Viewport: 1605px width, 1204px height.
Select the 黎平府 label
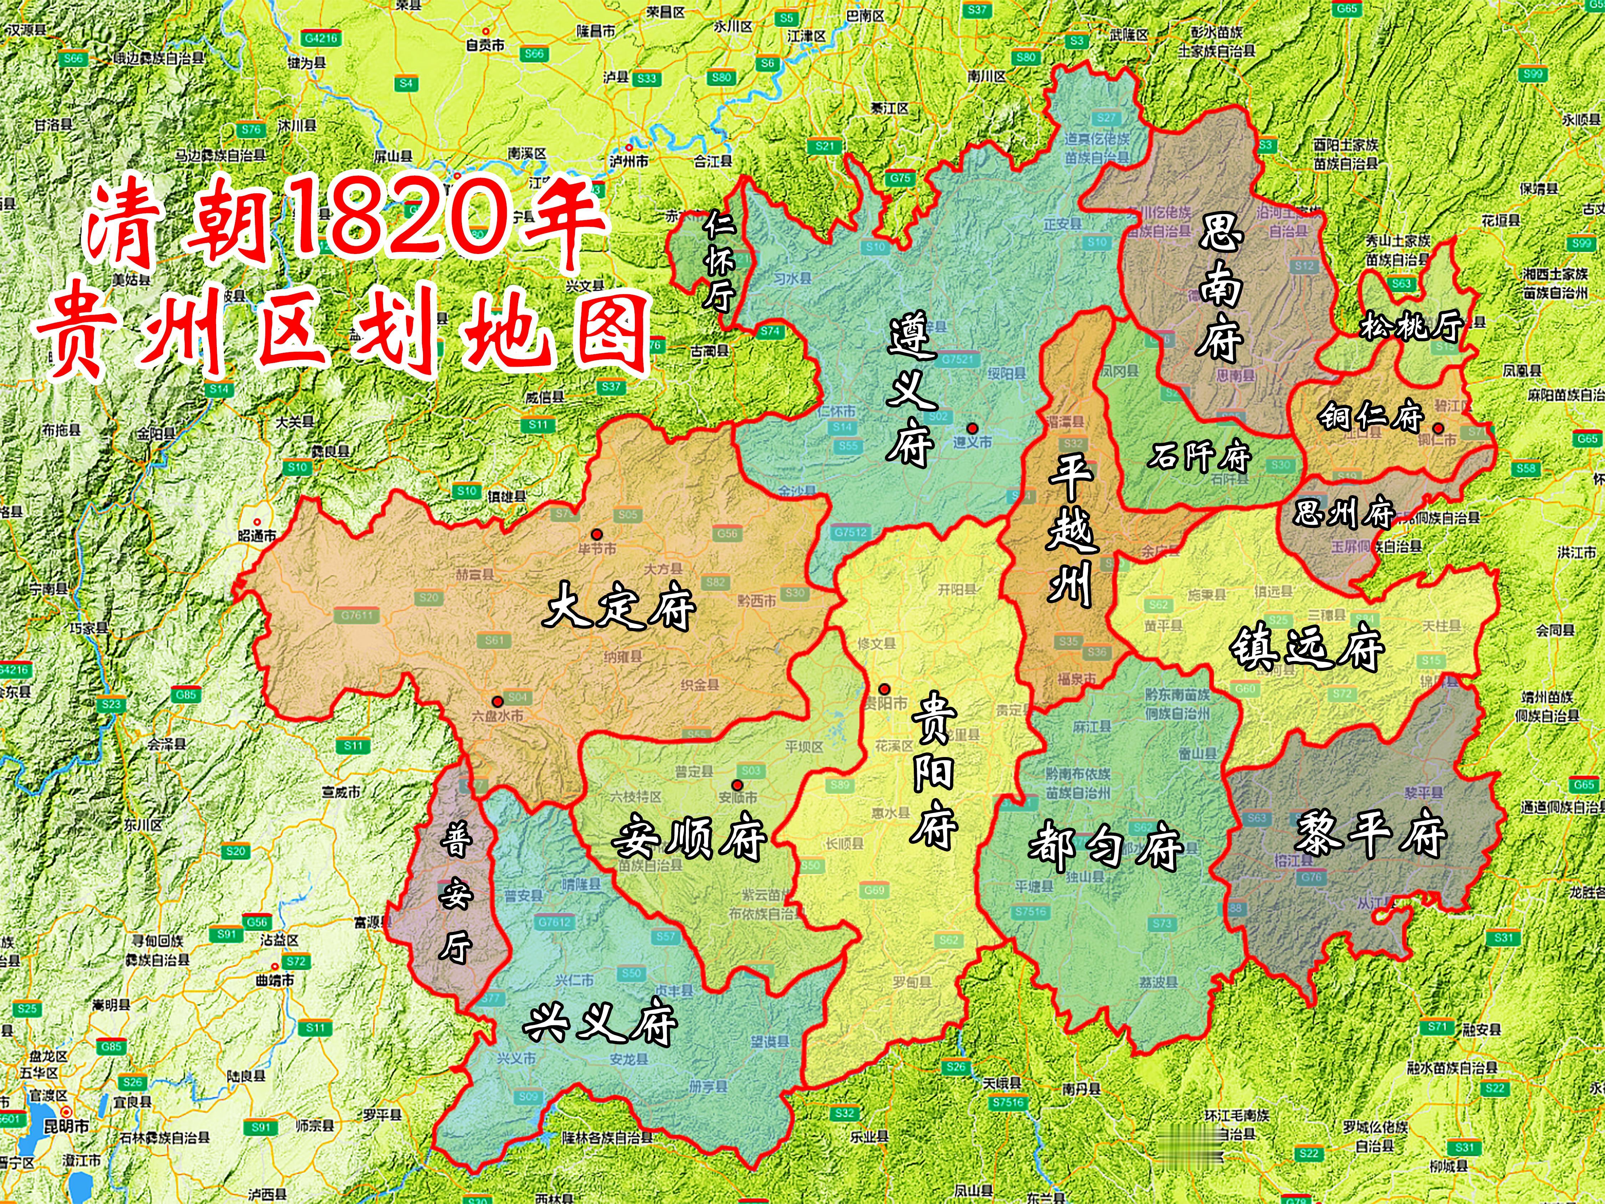point(1370,835)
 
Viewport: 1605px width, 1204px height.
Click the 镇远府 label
point(1306,648)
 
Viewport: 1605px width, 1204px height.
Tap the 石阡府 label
point(1199,457)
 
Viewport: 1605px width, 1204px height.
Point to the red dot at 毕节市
point(596,534)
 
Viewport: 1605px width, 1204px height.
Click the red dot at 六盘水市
point(497,702)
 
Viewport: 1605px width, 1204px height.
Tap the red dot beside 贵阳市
point(885,689)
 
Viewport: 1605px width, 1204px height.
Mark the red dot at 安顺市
point(737,784)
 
